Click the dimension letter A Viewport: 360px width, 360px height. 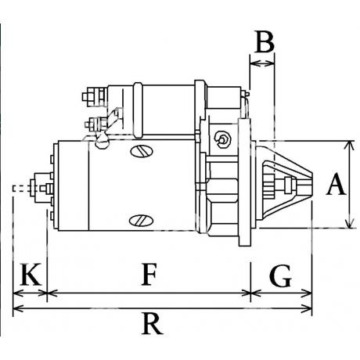pos(337,184)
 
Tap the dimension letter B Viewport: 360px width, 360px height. pos(265,41)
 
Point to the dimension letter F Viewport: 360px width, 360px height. pos(149,274)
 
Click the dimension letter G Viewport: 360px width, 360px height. pos(280,275)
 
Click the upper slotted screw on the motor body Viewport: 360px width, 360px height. pos(142,151)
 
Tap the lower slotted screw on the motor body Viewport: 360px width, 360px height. pos(141,221)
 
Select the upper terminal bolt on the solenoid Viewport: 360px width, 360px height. pos(94,97)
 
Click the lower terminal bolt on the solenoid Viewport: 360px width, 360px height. pos(95,124)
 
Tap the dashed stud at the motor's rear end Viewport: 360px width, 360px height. pos(21,189)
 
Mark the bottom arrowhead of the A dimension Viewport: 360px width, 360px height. pos(350,223)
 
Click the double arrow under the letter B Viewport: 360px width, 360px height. pos(262,63)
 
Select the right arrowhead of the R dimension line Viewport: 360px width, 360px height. pos(307,308)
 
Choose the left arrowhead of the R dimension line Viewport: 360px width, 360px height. pos(18,308)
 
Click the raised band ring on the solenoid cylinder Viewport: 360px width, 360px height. pos(138,110)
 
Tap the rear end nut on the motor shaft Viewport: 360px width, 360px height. pos(43,188)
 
